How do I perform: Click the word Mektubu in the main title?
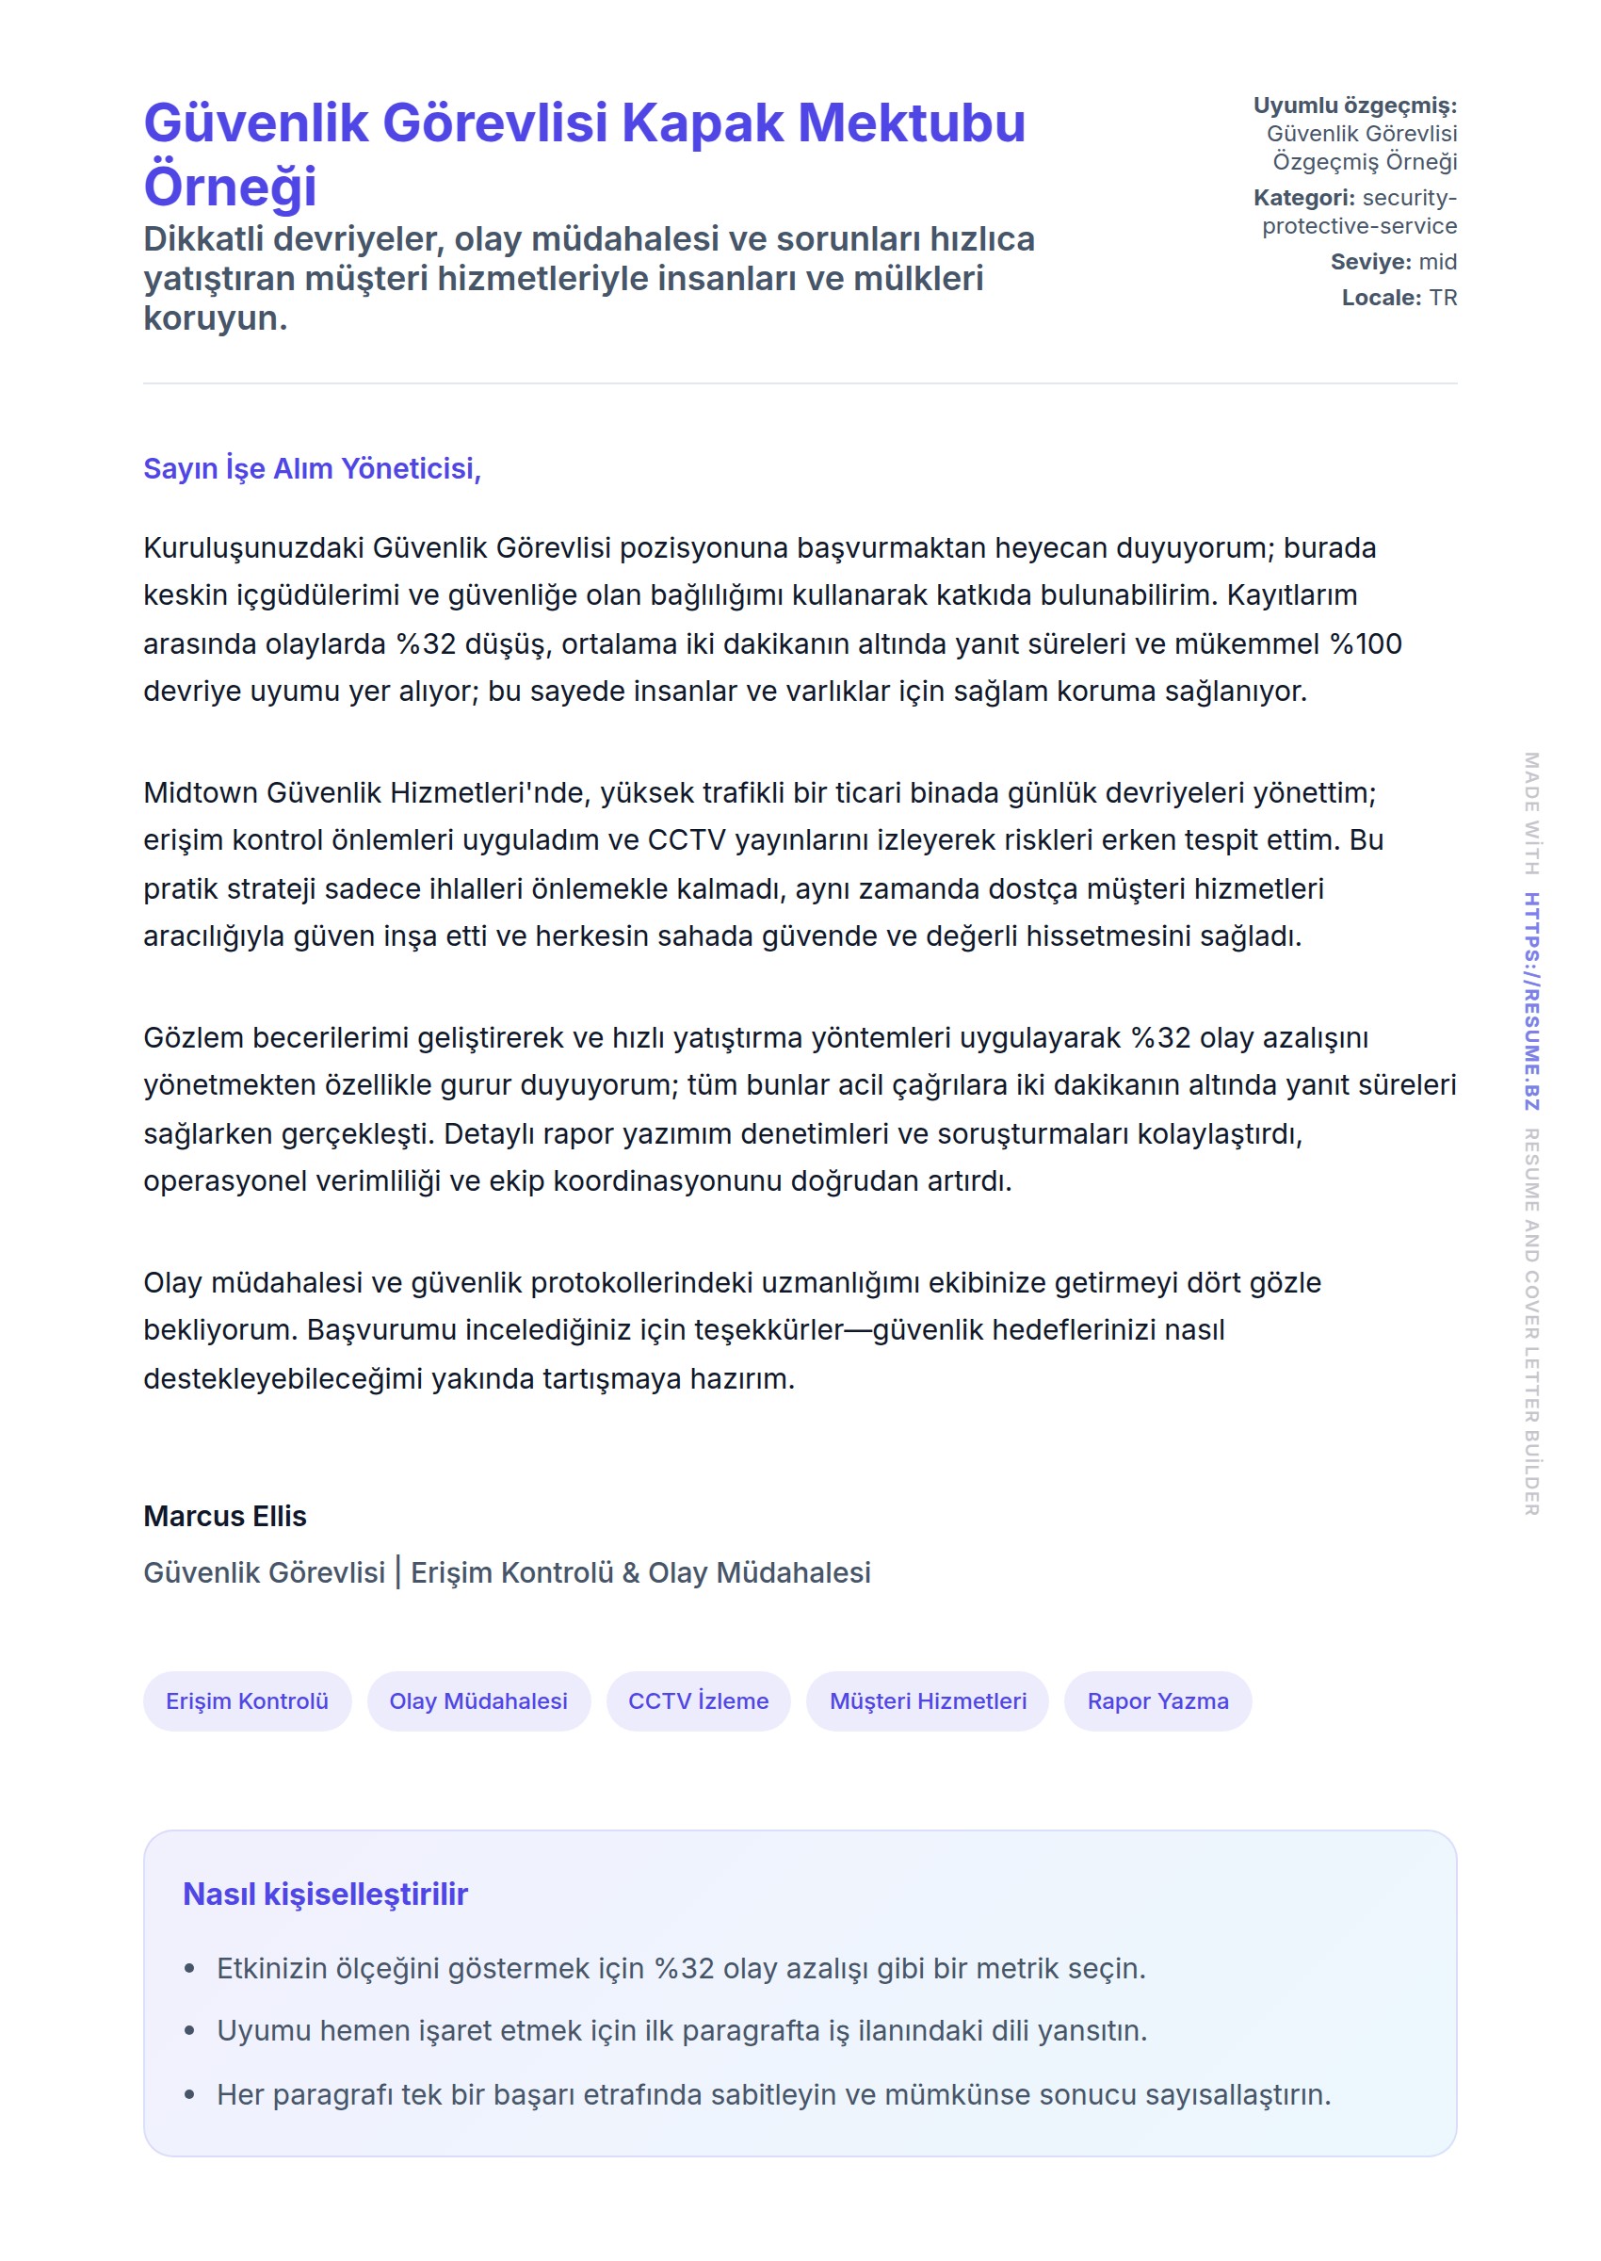coord(911,124)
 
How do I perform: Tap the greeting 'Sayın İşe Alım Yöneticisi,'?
coord(312,468)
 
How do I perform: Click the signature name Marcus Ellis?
coord(225,1516)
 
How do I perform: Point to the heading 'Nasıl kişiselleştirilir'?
coord(325,1895)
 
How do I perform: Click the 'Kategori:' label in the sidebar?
coord(1303,198)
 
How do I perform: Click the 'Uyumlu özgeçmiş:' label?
coord(1354,106)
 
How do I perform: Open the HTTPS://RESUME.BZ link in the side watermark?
coord(1531,1000)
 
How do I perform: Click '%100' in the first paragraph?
coord(1366,643)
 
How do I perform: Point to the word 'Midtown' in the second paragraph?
coord(200,793)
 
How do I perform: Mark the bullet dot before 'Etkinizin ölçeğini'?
coord(189,1969)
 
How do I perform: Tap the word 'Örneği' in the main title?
coord(230,187)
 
